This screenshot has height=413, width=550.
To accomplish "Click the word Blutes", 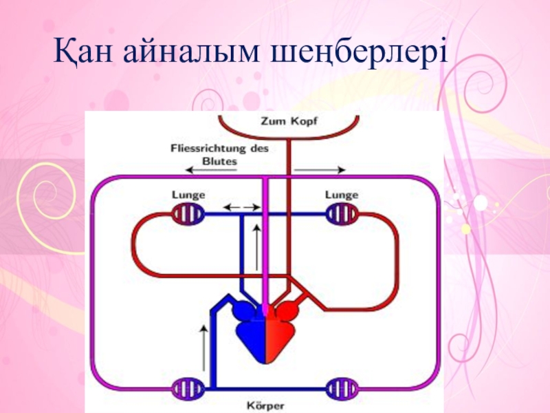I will point(220,161).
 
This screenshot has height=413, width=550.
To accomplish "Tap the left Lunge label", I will point(188,195).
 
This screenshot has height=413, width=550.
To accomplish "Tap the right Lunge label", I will point(342,195).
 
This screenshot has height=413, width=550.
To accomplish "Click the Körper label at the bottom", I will point(264,405).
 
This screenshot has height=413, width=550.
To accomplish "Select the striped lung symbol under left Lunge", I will point(188,214).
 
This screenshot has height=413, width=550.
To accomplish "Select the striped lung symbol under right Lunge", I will point(342,214).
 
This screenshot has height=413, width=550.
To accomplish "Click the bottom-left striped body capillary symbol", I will point(188,390).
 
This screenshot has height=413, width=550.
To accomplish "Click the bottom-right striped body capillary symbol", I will point(342,390).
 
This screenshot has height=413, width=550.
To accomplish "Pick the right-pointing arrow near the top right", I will point(321,169).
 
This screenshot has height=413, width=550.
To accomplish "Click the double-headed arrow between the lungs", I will point(241,206).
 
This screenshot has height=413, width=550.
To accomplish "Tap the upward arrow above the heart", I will point(256,248).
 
